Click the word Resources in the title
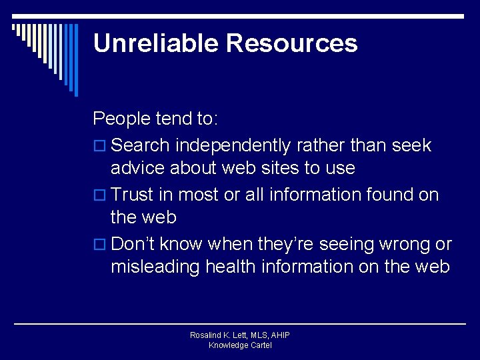291,43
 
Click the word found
391,195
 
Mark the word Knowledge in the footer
226,345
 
